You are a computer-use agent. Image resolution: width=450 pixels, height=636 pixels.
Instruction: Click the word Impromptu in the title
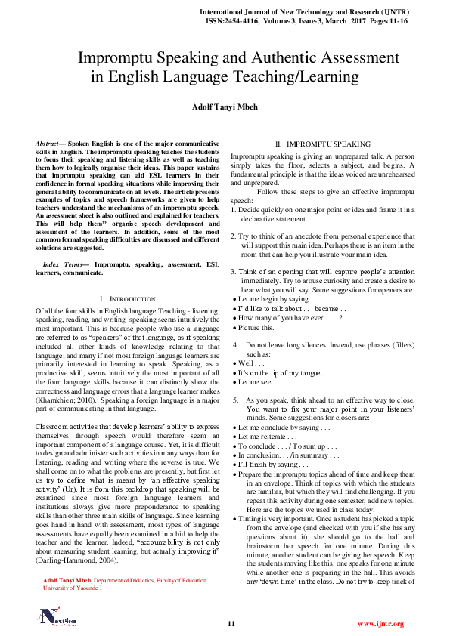point(123,57)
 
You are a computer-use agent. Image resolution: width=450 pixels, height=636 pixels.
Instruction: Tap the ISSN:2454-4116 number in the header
point(235,23)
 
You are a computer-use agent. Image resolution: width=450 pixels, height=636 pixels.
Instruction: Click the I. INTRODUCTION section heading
point(127,299)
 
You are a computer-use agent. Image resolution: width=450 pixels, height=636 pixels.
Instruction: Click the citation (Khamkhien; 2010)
point(61,402)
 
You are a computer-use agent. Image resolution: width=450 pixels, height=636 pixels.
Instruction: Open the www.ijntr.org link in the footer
point(380,624)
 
